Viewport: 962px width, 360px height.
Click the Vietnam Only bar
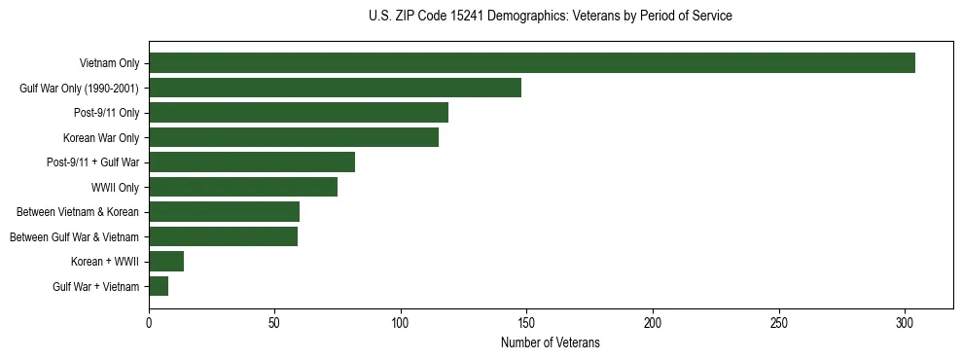532,63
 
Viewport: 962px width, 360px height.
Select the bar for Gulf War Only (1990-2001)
335,88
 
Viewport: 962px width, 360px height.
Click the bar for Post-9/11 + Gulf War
252,162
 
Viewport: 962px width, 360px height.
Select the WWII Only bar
243,187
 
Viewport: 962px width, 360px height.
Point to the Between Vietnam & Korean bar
224,212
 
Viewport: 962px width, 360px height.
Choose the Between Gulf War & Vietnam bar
223,236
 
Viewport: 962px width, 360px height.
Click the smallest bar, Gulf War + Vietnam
159,286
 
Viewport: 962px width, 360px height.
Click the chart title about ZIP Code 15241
551,17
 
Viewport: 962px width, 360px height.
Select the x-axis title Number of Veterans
551,343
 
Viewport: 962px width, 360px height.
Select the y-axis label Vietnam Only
109,64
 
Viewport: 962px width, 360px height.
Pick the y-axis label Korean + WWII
105,262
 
